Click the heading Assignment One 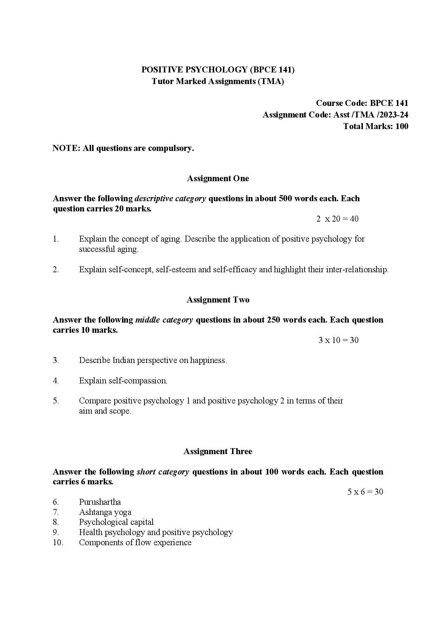pos(218,178)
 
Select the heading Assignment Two pos(218,300)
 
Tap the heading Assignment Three pos(218,451)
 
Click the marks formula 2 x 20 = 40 pos(337,219)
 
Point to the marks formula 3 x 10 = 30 pos(338,340)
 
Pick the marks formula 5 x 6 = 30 pos(365,492)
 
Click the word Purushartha pos(100,502)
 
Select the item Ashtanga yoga pos(105,512)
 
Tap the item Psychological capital pos(116,522)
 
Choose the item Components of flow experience pos(135,542)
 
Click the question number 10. pos(58,542)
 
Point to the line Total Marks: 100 pos(376,126)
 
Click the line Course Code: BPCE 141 pos(362,103)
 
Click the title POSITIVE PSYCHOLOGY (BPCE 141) pos(218,70)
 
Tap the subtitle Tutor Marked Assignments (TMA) pos(218,81)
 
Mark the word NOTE pos(66,148)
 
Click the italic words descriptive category pos(170,198)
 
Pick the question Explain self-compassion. pos(123,381)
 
